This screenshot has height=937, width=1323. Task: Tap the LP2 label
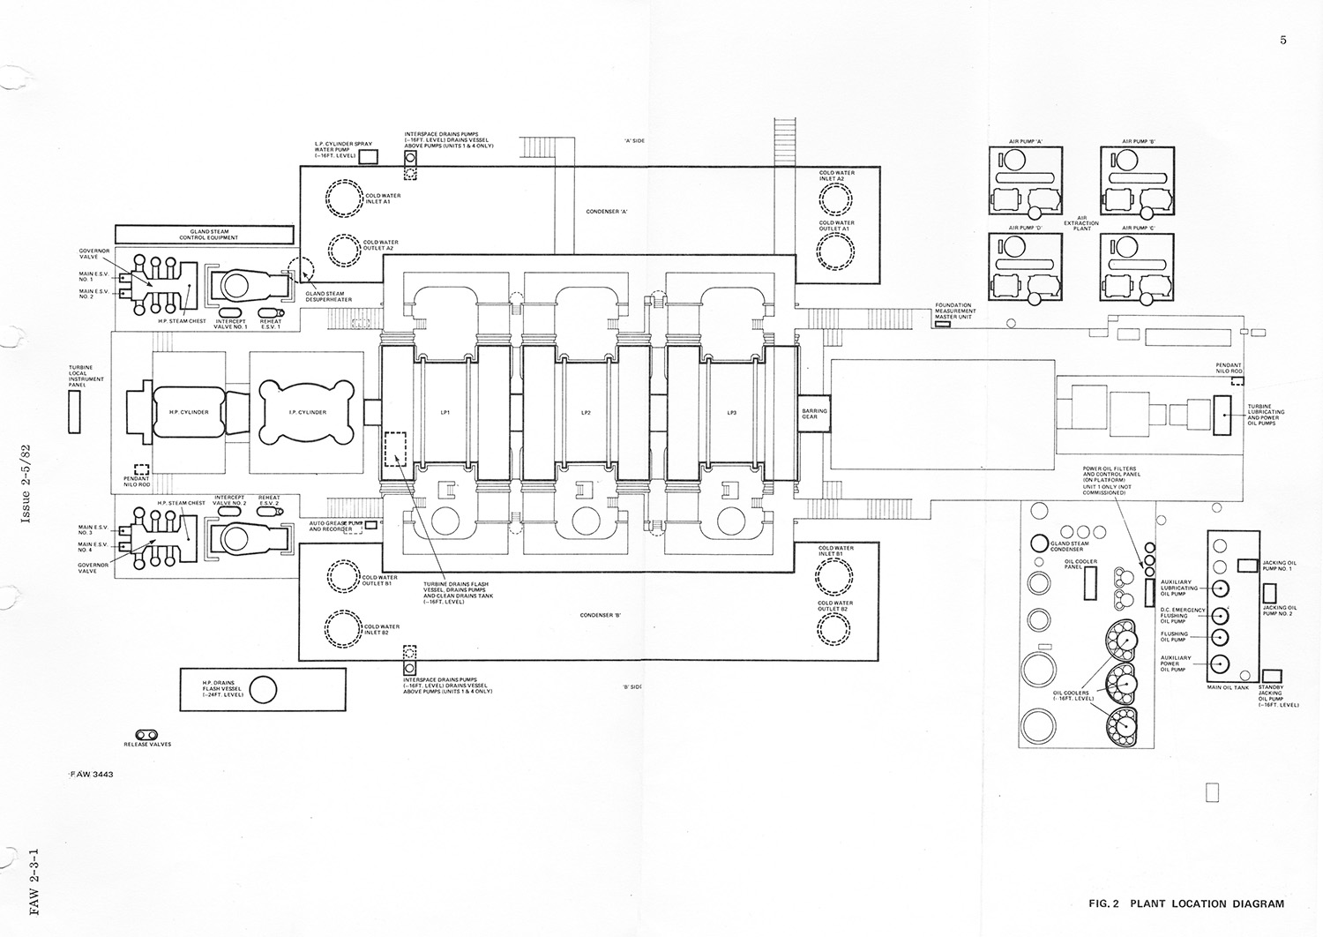(585, 412)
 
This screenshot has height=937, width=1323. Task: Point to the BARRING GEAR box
(809, 413)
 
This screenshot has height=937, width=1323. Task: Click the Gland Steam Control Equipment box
(203, 235)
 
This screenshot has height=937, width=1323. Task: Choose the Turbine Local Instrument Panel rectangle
(75, 412)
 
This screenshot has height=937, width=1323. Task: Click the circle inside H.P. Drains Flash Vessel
(263, 689)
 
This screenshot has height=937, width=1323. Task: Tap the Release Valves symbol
(147, 734)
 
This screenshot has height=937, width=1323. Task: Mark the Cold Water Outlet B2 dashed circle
(834, 626)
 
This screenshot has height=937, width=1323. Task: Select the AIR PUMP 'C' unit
(1139, 269)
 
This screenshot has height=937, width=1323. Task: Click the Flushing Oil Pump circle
(1221, 637)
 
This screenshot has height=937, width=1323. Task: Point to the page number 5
(1282, 40)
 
